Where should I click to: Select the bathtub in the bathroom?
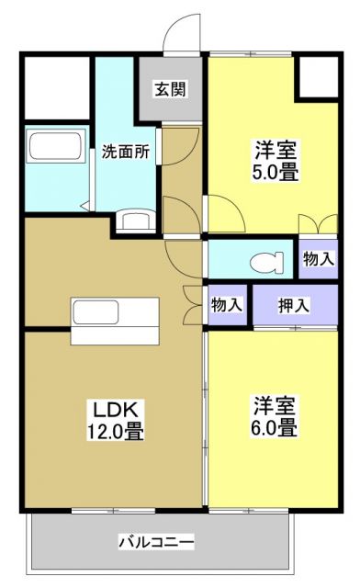coord(56,147)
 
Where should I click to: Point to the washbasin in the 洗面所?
coord(136,221)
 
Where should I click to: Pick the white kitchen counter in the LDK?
coord(115,320)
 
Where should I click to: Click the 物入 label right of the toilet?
coord(318,260)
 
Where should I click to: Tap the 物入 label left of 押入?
coord(227,304)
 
